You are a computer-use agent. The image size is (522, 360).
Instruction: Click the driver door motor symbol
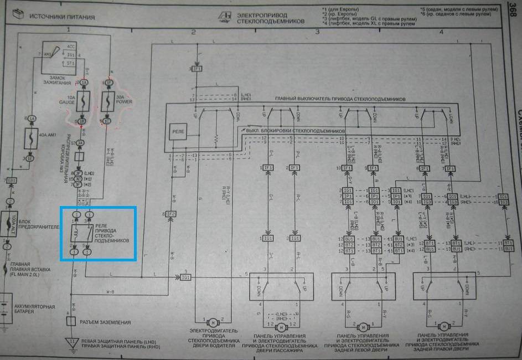[x=212, y=322]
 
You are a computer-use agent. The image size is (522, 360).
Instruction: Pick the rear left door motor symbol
[x=364, y=326]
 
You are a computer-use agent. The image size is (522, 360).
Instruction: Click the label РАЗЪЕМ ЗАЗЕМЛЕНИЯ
[x=105, y=322]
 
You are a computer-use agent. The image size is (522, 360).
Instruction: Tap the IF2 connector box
[x=170, y=213]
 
